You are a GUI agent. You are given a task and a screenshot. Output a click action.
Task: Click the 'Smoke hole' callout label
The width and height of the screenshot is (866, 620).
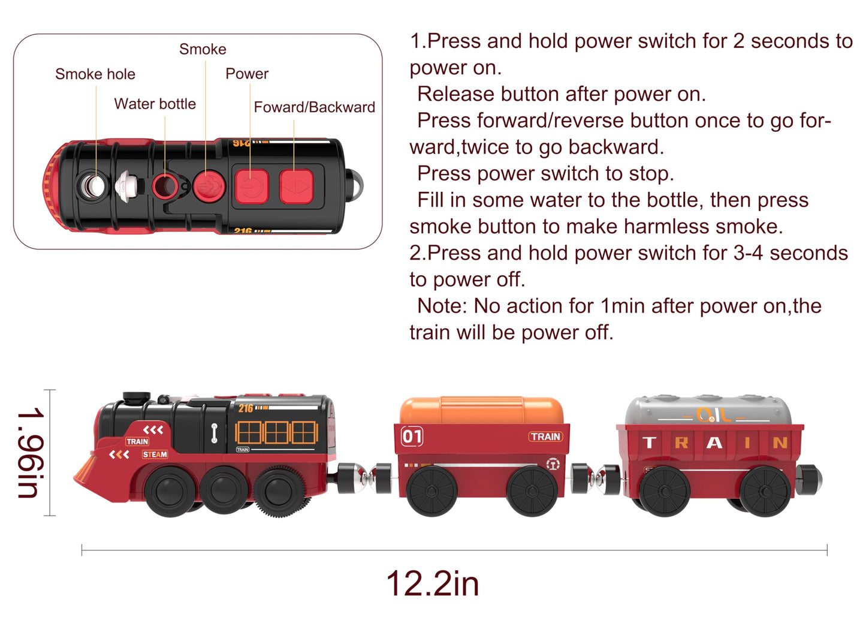click(95, 74)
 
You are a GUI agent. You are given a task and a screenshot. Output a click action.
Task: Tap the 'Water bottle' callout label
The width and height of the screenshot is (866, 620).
click(155, 104)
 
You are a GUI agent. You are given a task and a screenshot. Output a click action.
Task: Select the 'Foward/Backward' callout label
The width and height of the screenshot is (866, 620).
click(314, 107)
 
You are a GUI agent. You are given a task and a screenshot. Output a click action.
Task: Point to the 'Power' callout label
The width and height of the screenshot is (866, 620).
click(247, 74)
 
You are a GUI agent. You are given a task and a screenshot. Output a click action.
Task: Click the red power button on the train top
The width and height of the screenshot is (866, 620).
click(251, 186)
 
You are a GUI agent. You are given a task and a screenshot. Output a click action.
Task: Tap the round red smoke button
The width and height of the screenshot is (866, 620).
click(208, 185)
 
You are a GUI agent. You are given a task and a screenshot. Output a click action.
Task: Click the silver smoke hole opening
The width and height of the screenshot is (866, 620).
click(93, 186)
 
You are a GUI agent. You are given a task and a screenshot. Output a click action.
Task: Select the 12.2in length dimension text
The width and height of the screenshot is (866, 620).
click(432, 583)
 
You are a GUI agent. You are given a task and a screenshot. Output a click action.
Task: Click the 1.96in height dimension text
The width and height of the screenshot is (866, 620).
click(30, 453)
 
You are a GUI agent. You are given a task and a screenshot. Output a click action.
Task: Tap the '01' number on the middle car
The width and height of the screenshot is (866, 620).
click(412, 436)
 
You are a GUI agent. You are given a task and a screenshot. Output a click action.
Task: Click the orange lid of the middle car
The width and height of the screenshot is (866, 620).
click(482, 410)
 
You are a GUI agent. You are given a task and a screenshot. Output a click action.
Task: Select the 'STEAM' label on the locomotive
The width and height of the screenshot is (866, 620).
click(155, 455)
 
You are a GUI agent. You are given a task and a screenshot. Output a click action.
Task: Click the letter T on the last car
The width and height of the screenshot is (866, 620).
click(649, 443)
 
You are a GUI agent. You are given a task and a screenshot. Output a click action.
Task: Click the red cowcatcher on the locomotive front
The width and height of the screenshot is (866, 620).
click(90, 470)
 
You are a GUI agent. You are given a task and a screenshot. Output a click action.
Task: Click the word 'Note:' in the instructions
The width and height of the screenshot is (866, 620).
click(442, 306)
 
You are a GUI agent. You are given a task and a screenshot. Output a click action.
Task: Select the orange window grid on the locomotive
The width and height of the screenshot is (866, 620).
click(276, 432)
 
